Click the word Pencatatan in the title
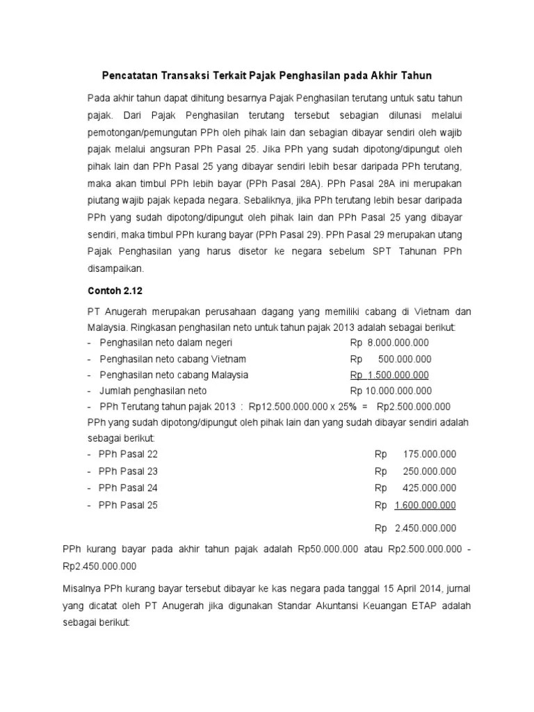129,74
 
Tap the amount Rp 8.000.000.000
389,343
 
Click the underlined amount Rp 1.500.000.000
389,375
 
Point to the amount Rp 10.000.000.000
391,391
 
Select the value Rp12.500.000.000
286,407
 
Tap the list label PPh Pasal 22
129,454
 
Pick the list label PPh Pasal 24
129,488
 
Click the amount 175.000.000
429,454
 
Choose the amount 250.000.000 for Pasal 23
429,471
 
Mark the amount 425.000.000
429,488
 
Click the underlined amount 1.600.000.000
425,505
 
